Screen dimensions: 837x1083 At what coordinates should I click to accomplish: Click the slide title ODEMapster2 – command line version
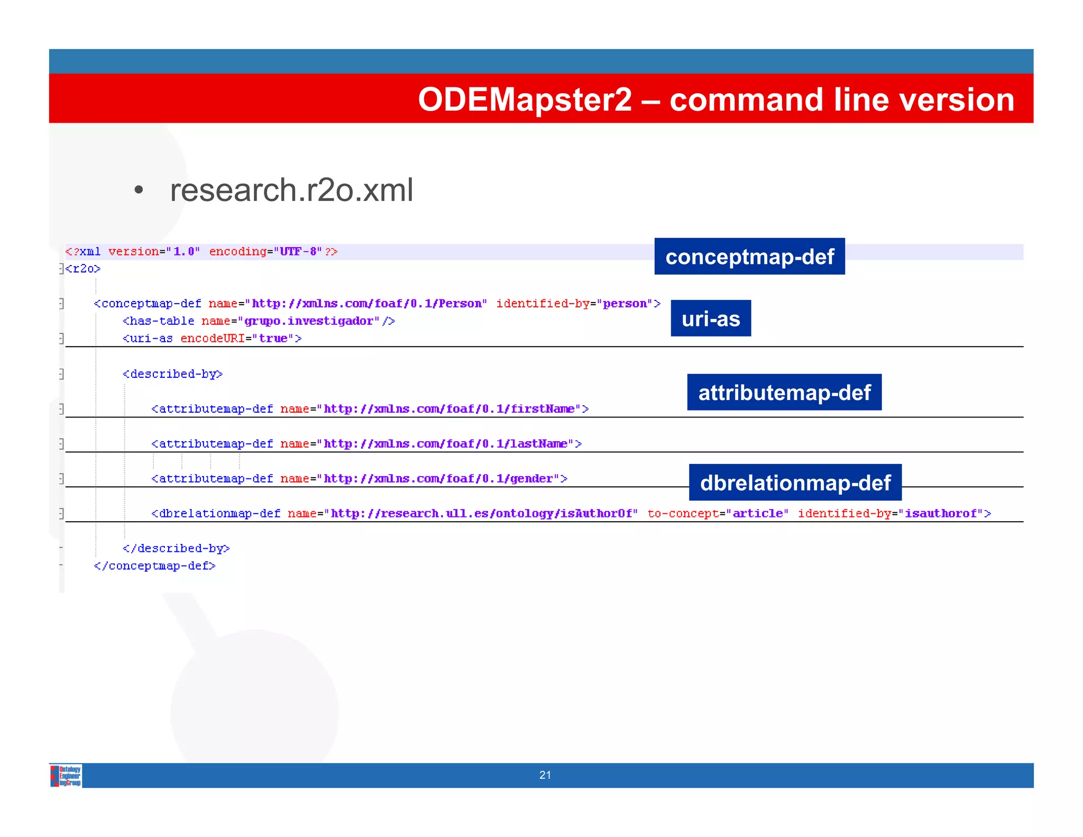pyautogui.click(x=715, y=99)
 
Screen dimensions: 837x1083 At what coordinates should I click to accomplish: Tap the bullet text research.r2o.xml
pyautogui.click(x=291, y=190)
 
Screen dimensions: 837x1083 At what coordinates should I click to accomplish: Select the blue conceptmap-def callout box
pyautogui.click(x=749, y=257)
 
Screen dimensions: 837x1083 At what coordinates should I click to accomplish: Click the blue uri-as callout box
pyautogui.click(x=711, y=319)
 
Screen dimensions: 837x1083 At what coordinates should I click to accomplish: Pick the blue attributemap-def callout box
pyautogui.click(x=784, y=393)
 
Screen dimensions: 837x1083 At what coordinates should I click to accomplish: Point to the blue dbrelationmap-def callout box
pyautogui.click(x=795, y=483)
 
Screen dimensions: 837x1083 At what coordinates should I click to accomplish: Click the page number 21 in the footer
pyautogui.click(x=545, y=775)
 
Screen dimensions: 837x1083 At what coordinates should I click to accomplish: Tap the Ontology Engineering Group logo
pyautogui.click(x=66, y=776)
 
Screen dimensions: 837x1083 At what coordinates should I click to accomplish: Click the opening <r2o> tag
pyautogui.click(x=83, y=269)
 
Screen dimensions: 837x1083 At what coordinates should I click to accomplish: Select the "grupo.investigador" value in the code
pyautogui.click(x=309, y=321)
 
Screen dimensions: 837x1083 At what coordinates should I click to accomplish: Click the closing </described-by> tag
pyautogui.click(x=176, y=549)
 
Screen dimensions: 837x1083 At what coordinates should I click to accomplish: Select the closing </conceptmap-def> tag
pyautogui.click(x=154, y=566)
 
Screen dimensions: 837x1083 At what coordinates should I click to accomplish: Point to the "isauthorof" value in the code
pyautogui.click(x=940, y=514)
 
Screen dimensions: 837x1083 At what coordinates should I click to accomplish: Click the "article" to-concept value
pyautogui.click(x=757, y=514)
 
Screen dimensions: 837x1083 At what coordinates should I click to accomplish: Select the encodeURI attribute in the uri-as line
pyautogui.click(x=213, y=339)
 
